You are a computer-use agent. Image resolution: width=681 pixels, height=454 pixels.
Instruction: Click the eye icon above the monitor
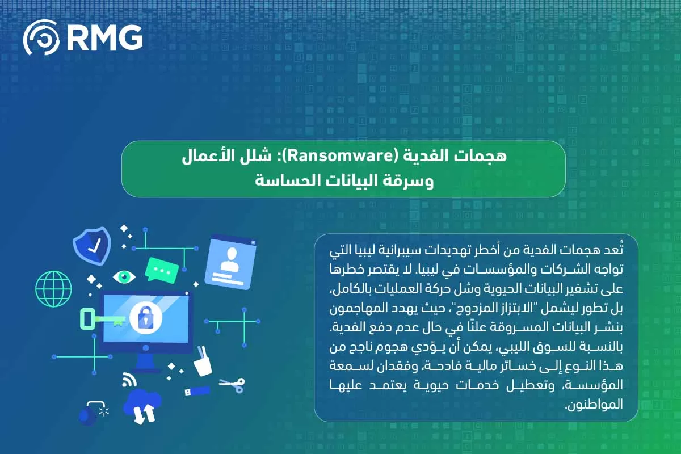tap(124, 276)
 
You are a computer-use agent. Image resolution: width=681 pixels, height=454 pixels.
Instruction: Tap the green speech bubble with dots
tap(162, 270)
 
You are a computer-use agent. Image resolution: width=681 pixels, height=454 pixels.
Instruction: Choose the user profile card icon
tap(230, 262)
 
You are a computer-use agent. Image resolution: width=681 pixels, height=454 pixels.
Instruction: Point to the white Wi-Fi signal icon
tap(128, 380)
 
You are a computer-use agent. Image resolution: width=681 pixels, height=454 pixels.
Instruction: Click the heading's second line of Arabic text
tap(343, 182)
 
